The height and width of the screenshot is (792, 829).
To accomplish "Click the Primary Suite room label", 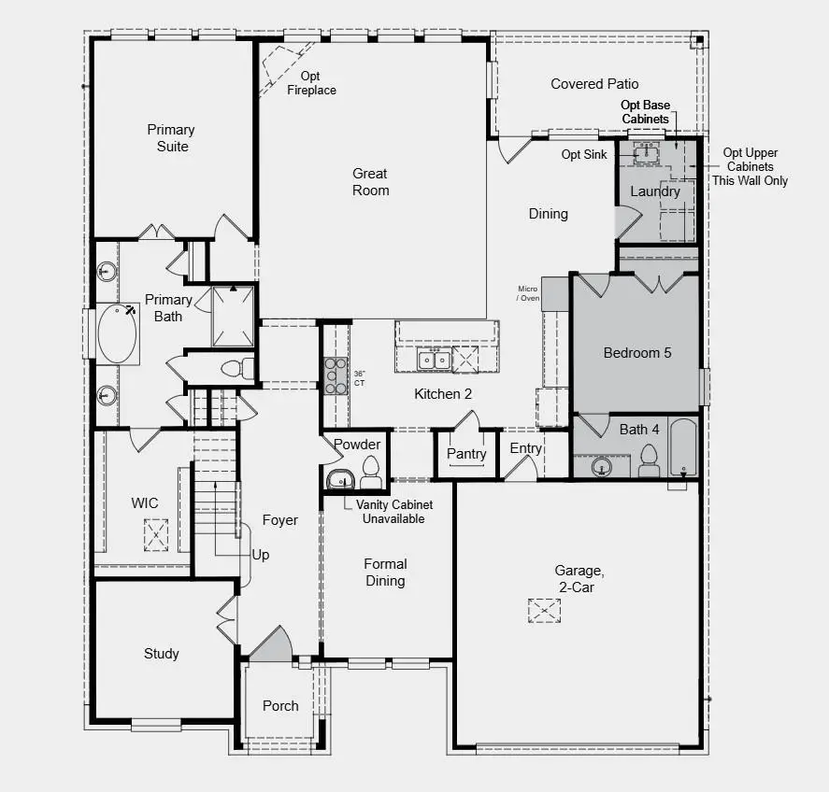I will [171, 138].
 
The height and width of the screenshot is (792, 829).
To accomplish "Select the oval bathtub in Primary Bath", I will [117, 333].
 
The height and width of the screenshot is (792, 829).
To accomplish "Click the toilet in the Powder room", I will [370, 473].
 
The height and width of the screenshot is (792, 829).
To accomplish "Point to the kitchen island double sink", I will [435, 360].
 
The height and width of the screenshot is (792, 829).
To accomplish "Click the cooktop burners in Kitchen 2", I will [336, 375].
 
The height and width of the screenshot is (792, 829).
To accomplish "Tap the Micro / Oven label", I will [529, 294].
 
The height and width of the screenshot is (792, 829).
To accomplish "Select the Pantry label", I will [465, 454].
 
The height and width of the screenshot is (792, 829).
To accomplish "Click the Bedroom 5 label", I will [637, 353].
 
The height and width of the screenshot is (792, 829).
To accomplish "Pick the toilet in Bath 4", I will [648, 460].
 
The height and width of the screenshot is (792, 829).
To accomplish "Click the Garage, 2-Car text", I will [574, 578].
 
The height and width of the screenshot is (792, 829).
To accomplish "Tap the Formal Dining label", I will [385, 573].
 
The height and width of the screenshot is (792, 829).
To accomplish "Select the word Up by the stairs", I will [261, 555].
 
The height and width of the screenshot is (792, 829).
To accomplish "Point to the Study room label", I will [162, 654].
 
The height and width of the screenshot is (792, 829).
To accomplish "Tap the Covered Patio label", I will [594, 84].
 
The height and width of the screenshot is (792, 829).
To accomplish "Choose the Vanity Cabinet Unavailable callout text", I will [393, 512].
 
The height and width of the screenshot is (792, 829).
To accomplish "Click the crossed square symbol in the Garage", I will [544, 611].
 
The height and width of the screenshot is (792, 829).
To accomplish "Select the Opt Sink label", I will [584, 154].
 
